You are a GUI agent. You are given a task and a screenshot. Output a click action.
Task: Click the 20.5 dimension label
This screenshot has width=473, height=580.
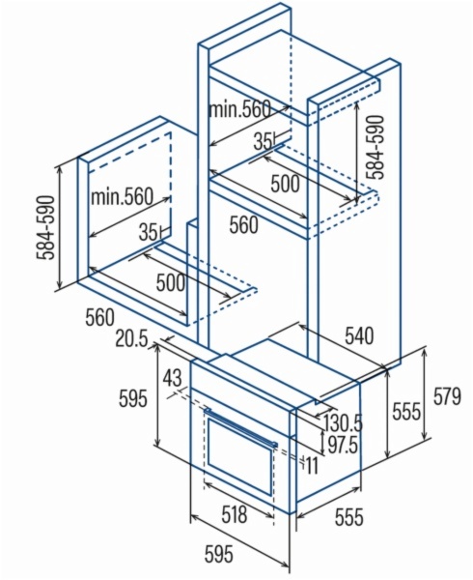pos(131,339)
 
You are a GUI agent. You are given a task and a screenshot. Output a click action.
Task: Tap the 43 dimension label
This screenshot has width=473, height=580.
pos(173,378)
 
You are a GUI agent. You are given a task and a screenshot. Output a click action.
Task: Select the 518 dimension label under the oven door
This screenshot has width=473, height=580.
pos(235,514)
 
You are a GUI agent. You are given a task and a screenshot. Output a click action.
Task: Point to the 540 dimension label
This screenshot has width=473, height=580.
pos(359,335)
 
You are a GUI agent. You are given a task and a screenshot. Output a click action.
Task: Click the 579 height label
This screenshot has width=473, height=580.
pos(447,396)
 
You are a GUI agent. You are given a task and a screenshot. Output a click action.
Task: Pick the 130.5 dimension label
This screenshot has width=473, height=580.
pos(343,422)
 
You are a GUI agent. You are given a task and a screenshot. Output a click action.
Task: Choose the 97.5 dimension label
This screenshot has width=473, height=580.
pos(343,444)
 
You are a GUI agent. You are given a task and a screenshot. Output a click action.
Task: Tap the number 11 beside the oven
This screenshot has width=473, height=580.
pos(312,465)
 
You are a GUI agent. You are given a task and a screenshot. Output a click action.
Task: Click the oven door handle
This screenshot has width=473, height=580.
pos(241,427)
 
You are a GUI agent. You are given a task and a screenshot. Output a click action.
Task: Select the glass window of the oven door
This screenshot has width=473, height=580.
pos(240,457)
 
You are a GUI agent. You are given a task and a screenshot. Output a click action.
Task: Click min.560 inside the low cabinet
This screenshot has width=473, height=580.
pos(122,197)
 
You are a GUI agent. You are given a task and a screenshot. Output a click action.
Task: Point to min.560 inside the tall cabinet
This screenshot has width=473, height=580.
pos(239,109)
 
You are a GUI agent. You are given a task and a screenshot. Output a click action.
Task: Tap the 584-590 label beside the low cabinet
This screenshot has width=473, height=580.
pos(45,228)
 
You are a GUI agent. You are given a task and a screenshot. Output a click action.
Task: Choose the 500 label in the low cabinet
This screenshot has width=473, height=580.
pos(170,283)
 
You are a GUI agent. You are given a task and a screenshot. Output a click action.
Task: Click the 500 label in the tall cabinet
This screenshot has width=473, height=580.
pos(285,184)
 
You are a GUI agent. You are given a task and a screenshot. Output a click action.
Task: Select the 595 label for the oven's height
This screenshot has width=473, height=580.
pos(133,398)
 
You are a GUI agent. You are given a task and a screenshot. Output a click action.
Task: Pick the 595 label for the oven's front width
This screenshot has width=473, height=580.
pos(219,554)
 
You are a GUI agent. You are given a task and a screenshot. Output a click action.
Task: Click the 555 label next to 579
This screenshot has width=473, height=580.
pos(406,411)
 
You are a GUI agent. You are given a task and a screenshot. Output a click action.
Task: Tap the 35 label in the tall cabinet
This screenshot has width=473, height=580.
pos(263,141)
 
